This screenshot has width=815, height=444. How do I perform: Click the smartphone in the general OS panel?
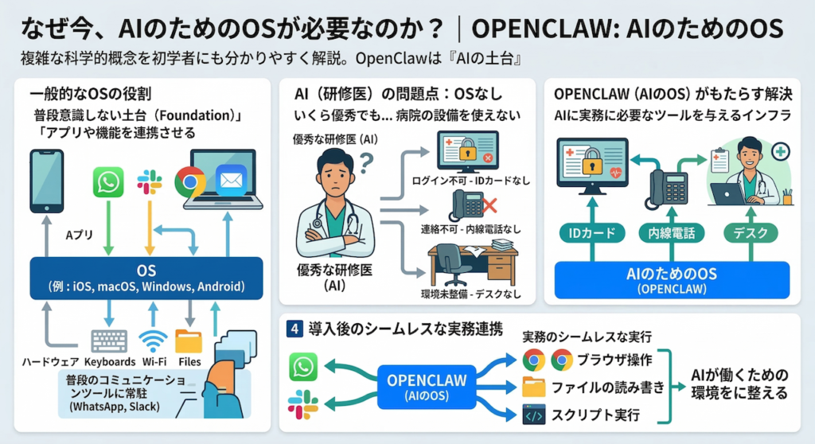coord(46,181)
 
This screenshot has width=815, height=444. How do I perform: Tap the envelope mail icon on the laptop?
coord(229,181)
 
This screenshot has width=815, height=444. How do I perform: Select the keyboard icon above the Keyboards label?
coord(109,341)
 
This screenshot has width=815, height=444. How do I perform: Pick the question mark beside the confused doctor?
coord(368,165)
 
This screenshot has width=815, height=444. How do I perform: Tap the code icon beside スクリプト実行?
coord(533,415)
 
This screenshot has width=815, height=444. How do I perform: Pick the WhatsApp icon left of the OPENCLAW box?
coord(303,367)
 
